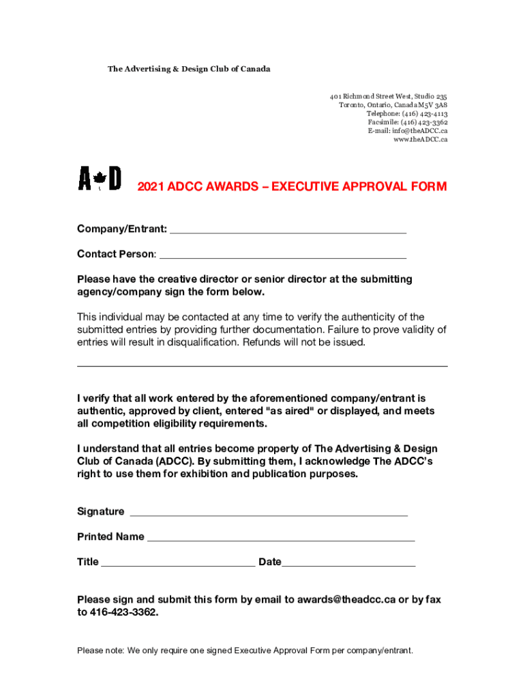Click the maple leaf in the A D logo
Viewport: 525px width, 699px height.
(x=100, y=180)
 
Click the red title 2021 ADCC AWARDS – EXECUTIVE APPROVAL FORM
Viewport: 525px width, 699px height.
(x=292, y=186)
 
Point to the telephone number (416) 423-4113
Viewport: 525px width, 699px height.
(x=425, y=113)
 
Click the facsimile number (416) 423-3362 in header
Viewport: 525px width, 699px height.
(x=425, y=122)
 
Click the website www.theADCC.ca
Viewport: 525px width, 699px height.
(x=420, y=139)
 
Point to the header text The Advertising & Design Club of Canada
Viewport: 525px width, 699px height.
(x=189, y=69)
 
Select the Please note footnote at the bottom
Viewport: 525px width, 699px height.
(x=245, y=651)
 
